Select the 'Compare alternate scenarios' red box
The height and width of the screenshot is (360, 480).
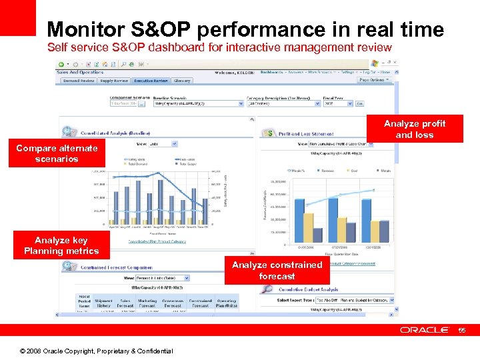tap(57, 153)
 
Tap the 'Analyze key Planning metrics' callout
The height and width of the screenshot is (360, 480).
tap(61, 245)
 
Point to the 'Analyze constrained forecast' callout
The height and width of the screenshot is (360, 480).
tap(277, 270)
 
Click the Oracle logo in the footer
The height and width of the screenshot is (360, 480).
tap(428, 330)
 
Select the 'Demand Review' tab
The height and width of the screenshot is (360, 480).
tap(79, 81)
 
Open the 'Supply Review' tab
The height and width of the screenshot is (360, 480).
tap(114, 81)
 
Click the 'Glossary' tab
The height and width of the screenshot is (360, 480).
tap(181, 81)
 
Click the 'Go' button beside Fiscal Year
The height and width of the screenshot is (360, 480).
tap(360, 103)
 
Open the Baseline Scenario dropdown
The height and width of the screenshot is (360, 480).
tap(198, 103)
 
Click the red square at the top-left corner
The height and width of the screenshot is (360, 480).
tap(17, 17)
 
